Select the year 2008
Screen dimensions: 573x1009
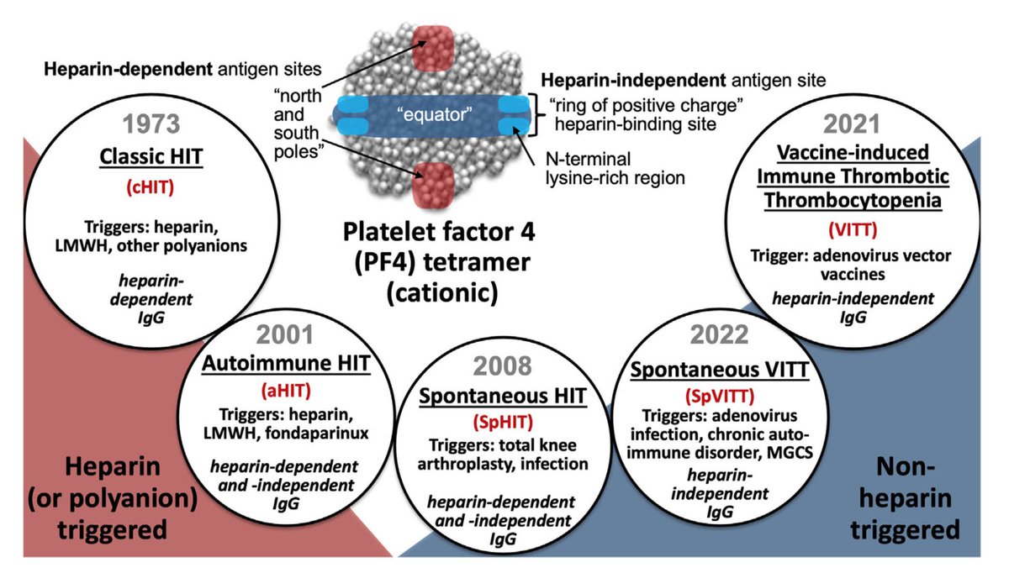pos(502,365)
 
